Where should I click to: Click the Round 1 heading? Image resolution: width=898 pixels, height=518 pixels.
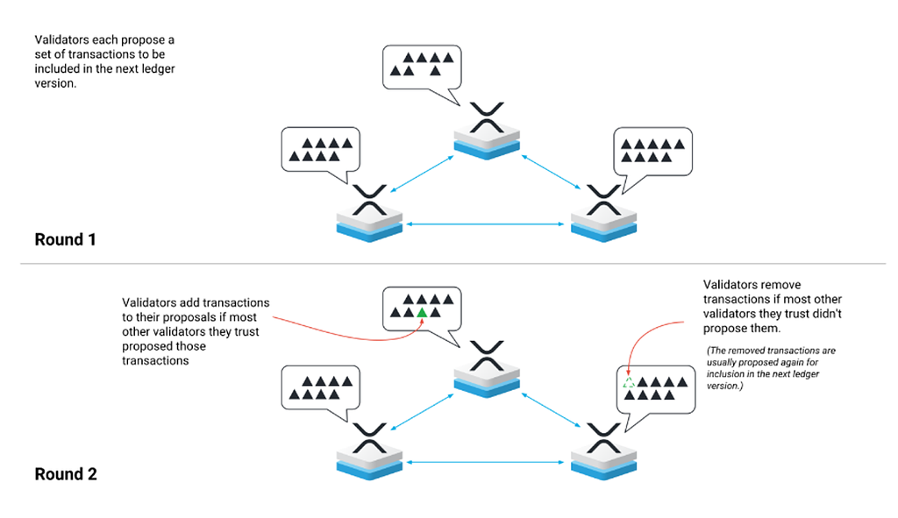tap(66, 238)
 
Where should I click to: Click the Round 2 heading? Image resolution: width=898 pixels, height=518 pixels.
tap(66, 474)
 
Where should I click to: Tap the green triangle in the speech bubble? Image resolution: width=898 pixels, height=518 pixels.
tap(422, 312)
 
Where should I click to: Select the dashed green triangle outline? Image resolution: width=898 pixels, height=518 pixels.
tap(628, 383)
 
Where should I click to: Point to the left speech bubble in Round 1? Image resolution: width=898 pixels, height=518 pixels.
tap(321, 149)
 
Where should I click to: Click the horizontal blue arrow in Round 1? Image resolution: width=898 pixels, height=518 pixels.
tap(486, 225)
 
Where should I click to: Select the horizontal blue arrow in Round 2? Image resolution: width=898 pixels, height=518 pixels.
tap(486, 462)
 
